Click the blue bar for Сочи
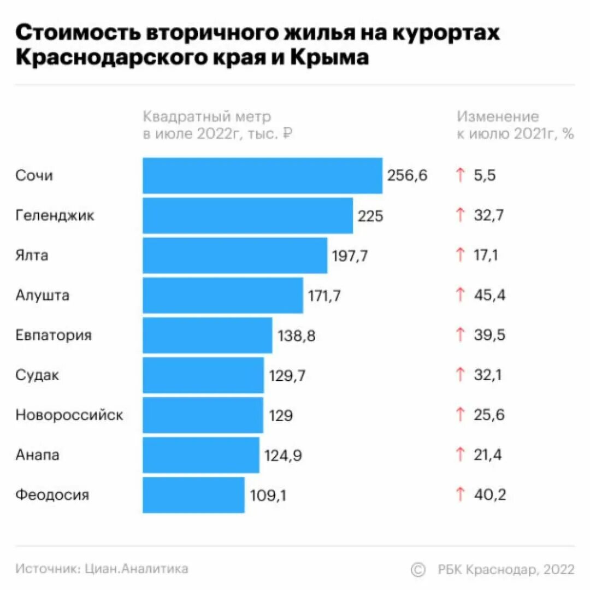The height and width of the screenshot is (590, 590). [x=262, y=176]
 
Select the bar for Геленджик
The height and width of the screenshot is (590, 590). [x=247, y=216]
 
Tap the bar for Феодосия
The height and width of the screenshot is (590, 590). [x=193, y=495]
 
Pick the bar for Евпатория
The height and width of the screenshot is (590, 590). [x=207, y=335]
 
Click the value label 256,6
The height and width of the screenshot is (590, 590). [x=407, y=176]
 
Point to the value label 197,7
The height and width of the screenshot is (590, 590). [x=350, y=256]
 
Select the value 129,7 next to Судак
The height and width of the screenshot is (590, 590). [x=287, y=375]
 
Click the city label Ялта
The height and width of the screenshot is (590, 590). [x=32, y=255]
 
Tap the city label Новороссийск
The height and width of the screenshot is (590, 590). [x=69, y=415]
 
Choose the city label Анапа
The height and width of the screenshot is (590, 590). [x=37, y=455]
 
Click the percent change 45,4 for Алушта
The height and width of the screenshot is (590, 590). [x=490, y=296]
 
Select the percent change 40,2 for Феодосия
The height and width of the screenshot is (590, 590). [x=490, y=495]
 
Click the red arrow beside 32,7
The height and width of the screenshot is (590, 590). [x=460, y=216]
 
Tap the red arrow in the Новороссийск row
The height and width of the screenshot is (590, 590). [x=460, y=415]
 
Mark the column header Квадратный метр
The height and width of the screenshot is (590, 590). [x=207, y=117]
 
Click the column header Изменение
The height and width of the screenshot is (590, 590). [x=498, y=117]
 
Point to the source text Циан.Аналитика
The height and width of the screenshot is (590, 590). [x=137, y=569]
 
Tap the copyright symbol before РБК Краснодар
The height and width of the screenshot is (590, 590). [x=418, y=569]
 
